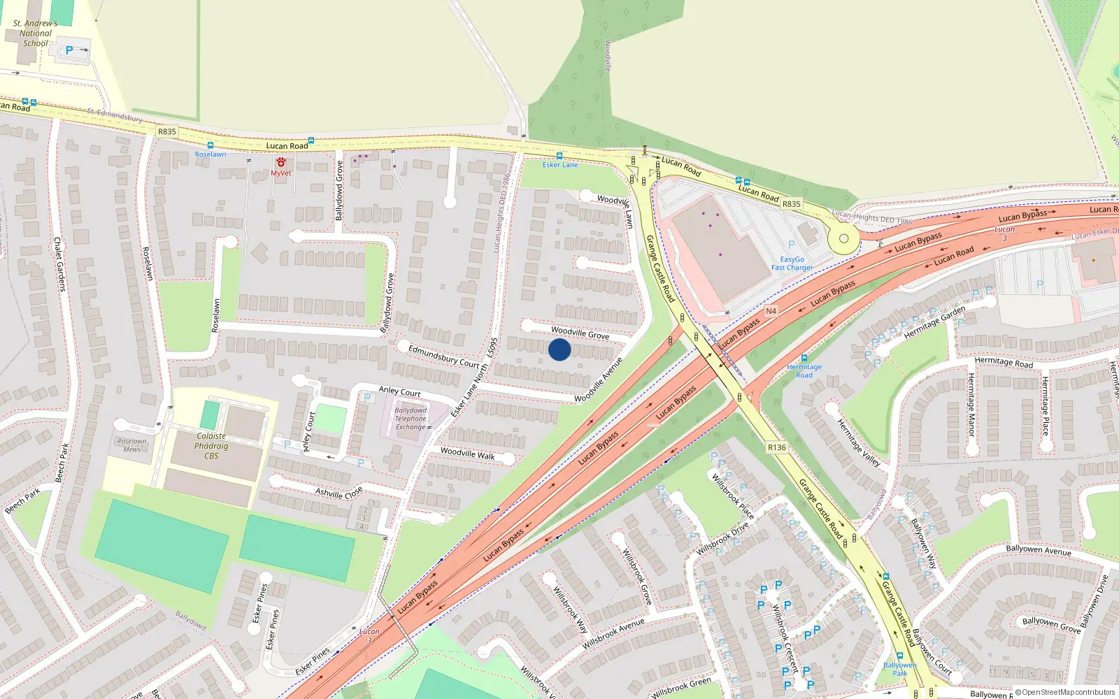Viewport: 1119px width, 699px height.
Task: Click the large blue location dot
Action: click(559, 349)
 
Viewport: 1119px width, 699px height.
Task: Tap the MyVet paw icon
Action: click(280, 162)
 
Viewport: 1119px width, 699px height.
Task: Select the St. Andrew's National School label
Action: click(35, 33)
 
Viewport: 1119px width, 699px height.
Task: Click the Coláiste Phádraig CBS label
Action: click(211, 446)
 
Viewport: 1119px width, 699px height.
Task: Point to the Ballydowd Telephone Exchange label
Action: click(411, 419)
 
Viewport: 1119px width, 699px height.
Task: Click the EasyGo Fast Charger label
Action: click(792, 263)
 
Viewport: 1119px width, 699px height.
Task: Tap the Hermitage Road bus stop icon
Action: click(804, 358)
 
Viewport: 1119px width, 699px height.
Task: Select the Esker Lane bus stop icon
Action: click(559, 156)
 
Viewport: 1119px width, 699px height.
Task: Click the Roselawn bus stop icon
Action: click(210, 146)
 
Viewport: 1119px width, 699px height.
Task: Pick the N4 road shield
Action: click(771, 311)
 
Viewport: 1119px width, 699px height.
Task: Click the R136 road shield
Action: click(776, 447)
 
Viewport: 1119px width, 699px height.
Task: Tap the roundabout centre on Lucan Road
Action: click(843, 238)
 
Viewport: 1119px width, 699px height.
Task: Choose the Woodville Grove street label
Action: click(580, 333)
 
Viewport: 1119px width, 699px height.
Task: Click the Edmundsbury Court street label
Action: click(443, 356)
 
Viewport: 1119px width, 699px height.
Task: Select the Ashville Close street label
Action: click(338, 493)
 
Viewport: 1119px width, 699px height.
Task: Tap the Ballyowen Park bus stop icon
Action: click(899, 656)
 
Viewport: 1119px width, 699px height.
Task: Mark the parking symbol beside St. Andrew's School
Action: click(69, 50)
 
